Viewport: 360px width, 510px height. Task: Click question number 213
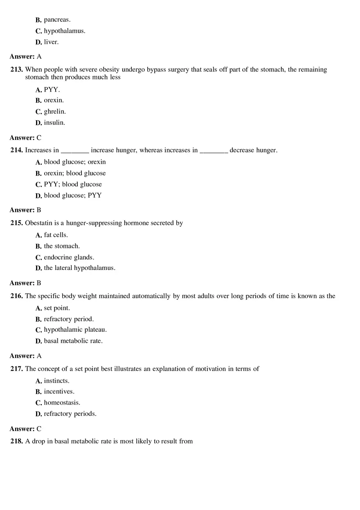(x=17, y=70)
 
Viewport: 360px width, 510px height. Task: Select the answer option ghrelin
(x=55, y=112)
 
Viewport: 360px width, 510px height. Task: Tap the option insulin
(x=54, y=123)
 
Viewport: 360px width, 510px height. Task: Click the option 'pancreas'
(x=57, y=20)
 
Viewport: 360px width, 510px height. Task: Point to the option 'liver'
(x=51, y=42)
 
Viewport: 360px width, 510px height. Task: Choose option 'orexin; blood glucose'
(x=75, y=173)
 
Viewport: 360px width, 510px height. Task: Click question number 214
(x=17, y=151)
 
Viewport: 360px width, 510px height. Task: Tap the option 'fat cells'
(x=56, y=235)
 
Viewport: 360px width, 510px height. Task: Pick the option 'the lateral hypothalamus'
(x=80, y=268)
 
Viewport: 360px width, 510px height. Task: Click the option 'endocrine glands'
(x=69, y=258)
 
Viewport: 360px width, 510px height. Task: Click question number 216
(x=17, y=296)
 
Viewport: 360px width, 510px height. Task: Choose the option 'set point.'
(x=57, y=308)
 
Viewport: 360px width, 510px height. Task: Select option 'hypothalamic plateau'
(x=75, y=330)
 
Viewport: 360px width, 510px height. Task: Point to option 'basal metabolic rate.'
(x=73, y=341)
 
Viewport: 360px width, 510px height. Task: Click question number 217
(x=17, y=369)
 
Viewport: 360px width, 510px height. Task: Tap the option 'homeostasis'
(x=62, y=403)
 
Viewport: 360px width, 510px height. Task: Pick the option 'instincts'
(x=57, y=381)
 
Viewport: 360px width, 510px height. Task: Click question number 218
(x=17, y=442)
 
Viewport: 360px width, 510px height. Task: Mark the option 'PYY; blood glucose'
(x=73, y=184)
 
